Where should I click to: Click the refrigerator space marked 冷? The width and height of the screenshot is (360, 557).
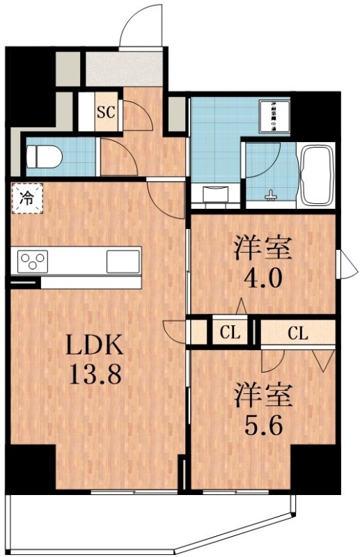click(x=26, y=197)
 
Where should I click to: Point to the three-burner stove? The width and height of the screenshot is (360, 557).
click(x=30, y=262)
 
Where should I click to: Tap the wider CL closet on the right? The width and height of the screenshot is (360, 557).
click(x=297, y=333)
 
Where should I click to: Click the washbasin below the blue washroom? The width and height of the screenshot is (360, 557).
click(x=214, y=194)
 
